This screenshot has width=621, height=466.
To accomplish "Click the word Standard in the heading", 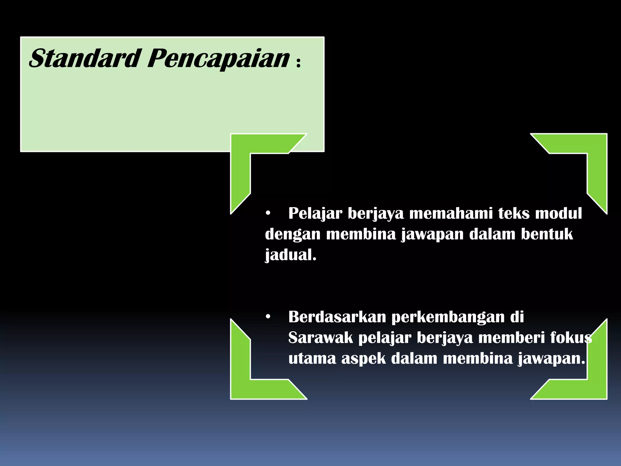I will coord(85,58).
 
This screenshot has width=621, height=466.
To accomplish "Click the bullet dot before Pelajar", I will coord(267,214).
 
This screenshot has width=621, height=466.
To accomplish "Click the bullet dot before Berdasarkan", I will coord(267,317).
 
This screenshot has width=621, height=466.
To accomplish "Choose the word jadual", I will coord(290,255).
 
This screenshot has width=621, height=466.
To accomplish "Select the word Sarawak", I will coord(321,338).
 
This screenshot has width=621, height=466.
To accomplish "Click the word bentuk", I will coord(547,234).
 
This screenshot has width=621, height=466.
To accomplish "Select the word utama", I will coord(312,359).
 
